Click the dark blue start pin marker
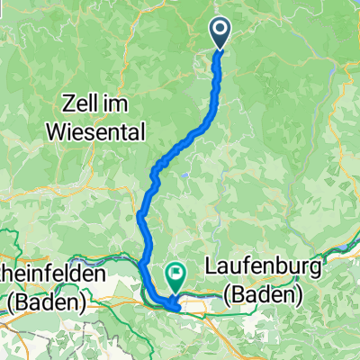pos(221,31)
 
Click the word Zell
pos(87,99)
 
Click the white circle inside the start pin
pos(221,29)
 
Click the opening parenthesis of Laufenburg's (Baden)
pos(210,296)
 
